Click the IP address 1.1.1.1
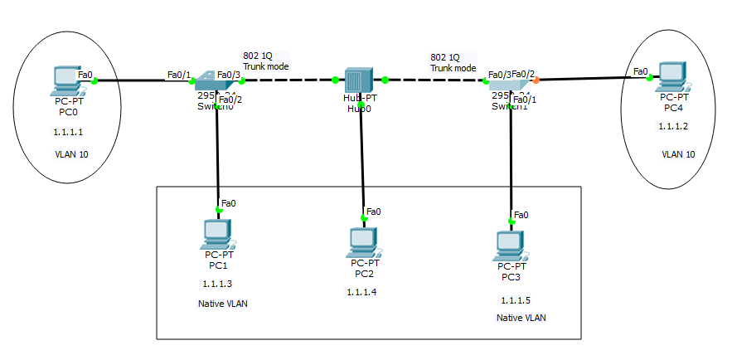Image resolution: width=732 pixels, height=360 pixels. click(67, 132)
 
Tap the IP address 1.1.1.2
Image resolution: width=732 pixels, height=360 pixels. click(673, 126)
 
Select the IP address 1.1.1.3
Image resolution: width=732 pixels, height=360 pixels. click(217, 284)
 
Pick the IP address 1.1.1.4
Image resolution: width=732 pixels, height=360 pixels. click(362, 292)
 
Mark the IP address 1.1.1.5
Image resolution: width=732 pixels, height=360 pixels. click(516, 299)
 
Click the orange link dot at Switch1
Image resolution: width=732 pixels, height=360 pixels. click(536, 80)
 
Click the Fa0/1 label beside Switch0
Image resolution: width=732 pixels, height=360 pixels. click(179, 75)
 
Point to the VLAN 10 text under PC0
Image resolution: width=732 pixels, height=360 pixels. click(71, 154)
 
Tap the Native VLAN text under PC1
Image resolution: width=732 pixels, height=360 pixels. click(223, 304)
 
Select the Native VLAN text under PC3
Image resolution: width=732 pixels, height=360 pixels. click(521, 318)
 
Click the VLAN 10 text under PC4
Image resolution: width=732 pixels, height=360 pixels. click(678, 154)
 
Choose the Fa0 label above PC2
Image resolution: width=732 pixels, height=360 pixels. click(374, 212)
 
